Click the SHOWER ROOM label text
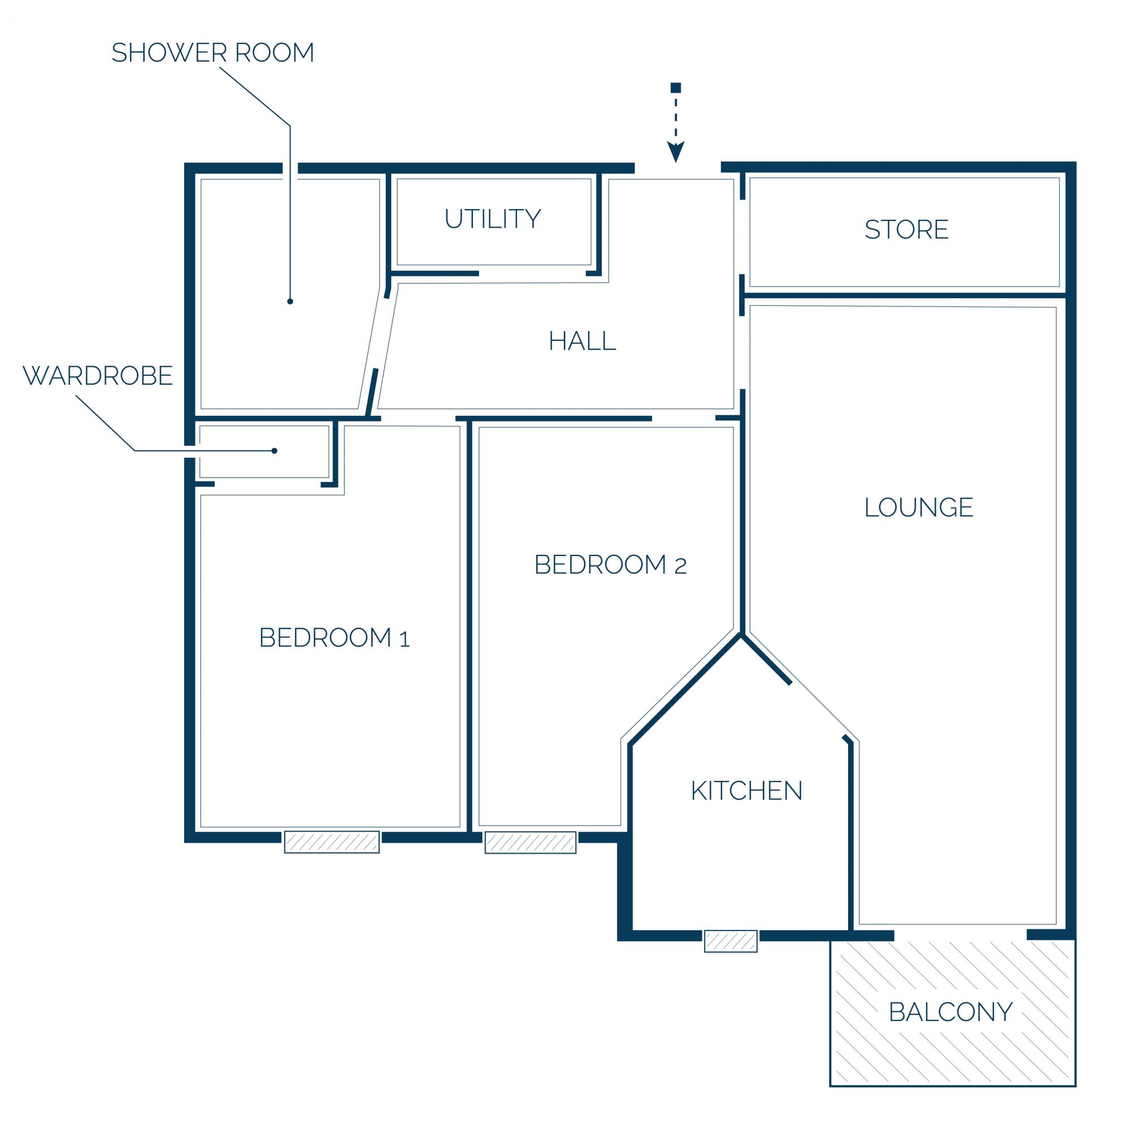coord(213,53)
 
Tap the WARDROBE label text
coord(98,376)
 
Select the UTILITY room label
coord(493,219)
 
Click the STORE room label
coord(907,229)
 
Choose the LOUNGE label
coord(919,507)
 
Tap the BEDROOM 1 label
coord(334,637)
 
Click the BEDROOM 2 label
coord(611,564)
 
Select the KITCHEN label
coord(747,791)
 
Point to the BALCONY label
coord(950,1012)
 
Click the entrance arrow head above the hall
coord(676,151)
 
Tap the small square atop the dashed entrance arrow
coord(676,88)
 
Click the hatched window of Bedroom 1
coord(332,842)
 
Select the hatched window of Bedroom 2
coord(531,843)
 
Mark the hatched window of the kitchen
coord(731,941)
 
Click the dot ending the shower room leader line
coord(290,301)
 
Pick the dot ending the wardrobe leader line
coord(275,451)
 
